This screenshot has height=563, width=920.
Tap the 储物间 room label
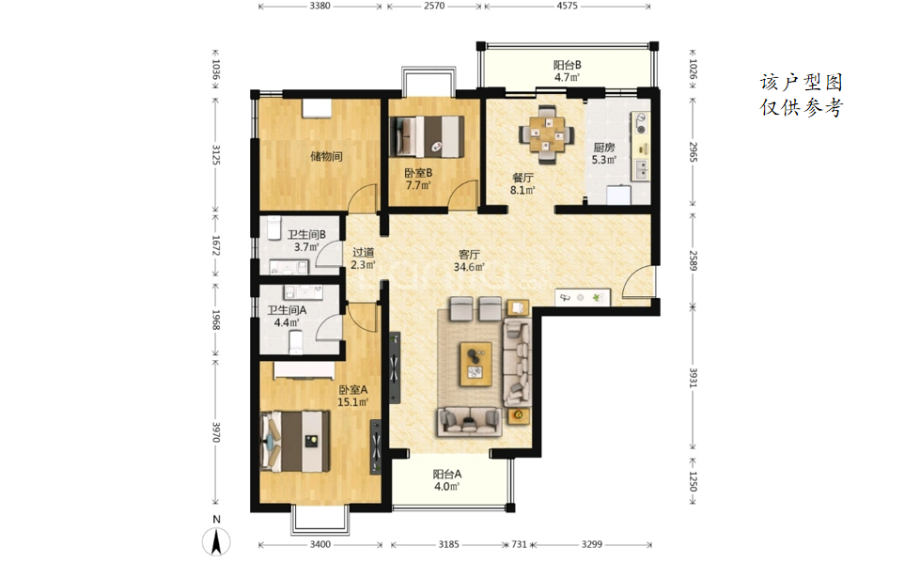[326, 157]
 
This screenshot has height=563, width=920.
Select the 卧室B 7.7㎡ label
[418, 180]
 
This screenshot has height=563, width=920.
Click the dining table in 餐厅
[547, 135]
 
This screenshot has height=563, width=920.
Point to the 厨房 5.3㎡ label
[603, 153]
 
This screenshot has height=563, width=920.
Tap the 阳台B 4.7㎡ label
[568, 71]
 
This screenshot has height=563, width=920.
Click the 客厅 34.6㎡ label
[469, 260]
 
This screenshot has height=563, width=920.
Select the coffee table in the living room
[476, 364]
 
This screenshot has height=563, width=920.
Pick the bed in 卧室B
[428, 136]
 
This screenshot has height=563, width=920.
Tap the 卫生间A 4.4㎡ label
[287, 316]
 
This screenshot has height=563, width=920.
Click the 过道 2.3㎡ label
[363, 258]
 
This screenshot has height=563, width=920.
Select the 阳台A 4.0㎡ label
[447, 480]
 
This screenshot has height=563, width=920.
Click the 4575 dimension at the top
[567, 6]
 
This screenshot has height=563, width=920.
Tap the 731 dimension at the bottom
[520, 544]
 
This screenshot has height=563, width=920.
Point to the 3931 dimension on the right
[693, 378]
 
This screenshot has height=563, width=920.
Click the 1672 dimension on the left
[215, 246]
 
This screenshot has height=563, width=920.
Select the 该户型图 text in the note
[802, 82]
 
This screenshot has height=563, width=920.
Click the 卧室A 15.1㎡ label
[352, 396]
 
